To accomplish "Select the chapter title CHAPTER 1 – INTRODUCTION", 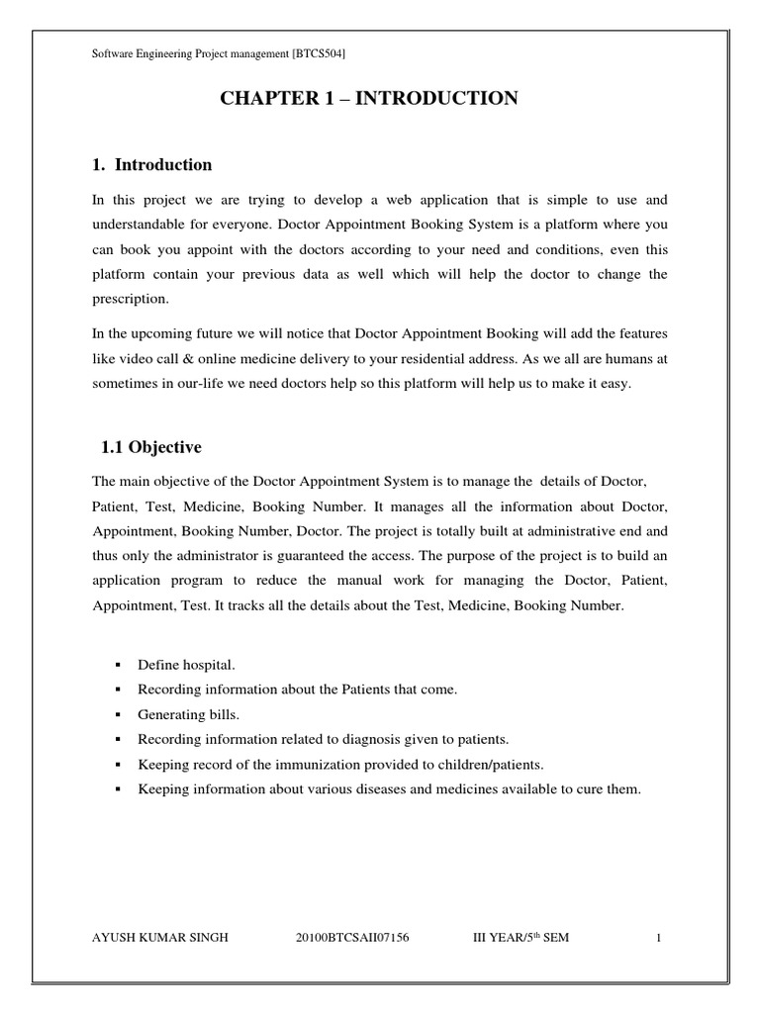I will point(369,98).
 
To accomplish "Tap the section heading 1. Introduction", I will point(151,164).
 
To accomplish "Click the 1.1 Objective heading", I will point(151,448).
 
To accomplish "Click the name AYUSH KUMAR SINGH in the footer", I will point(159,938).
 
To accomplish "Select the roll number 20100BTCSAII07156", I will point(352,938).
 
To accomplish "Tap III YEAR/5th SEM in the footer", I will point(522,938).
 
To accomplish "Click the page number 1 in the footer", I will point(656,938).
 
